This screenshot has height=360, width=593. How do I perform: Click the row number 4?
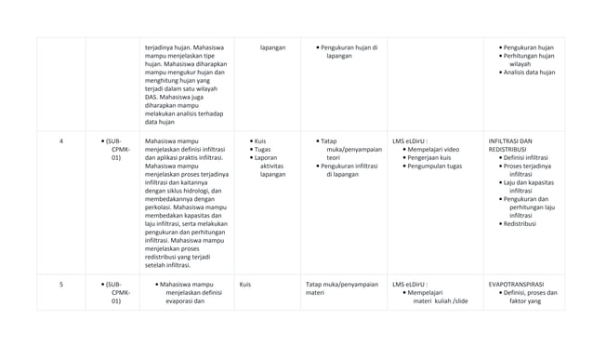click(61, 141)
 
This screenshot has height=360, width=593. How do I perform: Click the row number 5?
click(61, 285)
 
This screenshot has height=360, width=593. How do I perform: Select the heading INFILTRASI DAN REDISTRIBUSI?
click(510, 145)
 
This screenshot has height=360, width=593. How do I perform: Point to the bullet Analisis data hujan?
click(529, 72)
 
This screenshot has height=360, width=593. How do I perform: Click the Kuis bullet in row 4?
click(260, 141)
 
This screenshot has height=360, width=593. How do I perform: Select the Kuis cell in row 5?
click(245, 285)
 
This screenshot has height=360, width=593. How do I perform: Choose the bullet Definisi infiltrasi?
click(529, 157)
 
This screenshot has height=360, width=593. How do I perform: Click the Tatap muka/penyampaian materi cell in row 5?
click(341, 288)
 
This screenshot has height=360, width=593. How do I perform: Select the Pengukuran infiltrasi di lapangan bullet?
click(349, 169)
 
